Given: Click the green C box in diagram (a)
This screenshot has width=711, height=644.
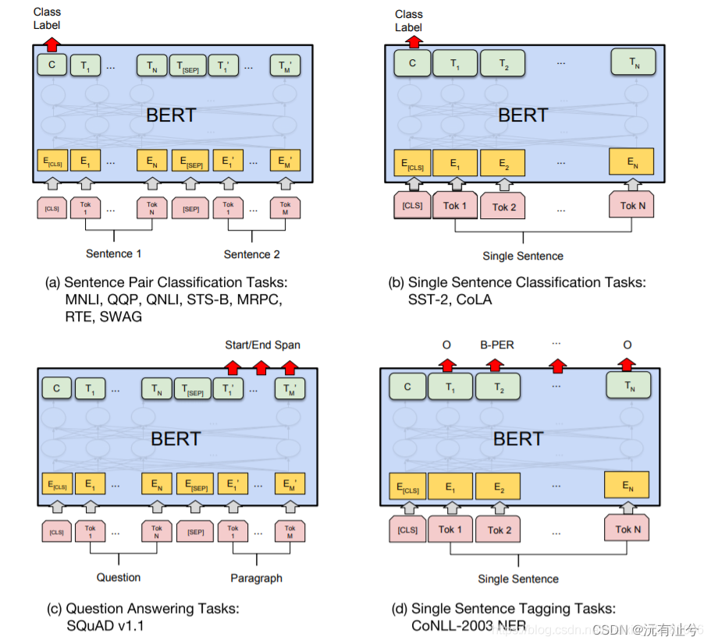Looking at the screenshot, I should pos(52,65).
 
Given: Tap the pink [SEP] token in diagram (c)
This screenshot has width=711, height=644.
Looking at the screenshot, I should pos(195,532).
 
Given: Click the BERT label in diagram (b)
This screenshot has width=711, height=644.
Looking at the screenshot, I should pos(523,115).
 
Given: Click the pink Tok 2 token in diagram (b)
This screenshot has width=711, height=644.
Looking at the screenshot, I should pos(503,207).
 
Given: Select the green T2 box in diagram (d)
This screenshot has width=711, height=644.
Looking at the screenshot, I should pos(499,387).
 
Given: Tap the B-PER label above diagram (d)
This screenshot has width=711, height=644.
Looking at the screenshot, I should pos(496,345).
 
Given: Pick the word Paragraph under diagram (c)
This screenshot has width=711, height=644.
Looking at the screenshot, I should pos(256,579).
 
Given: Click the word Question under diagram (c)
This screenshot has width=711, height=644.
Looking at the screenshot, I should pos(119,578).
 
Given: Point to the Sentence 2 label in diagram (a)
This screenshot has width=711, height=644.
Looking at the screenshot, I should pos(251,254).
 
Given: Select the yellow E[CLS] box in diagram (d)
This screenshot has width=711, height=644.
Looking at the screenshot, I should pos(407,487).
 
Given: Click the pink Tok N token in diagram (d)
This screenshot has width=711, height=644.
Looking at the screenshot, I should pos(627,529).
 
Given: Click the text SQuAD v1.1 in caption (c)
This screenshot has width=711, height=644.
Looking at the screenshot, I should pos(105,625).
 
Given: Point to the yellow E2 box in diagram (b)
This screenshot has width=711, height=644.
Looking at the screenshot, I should pos(502,163).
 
